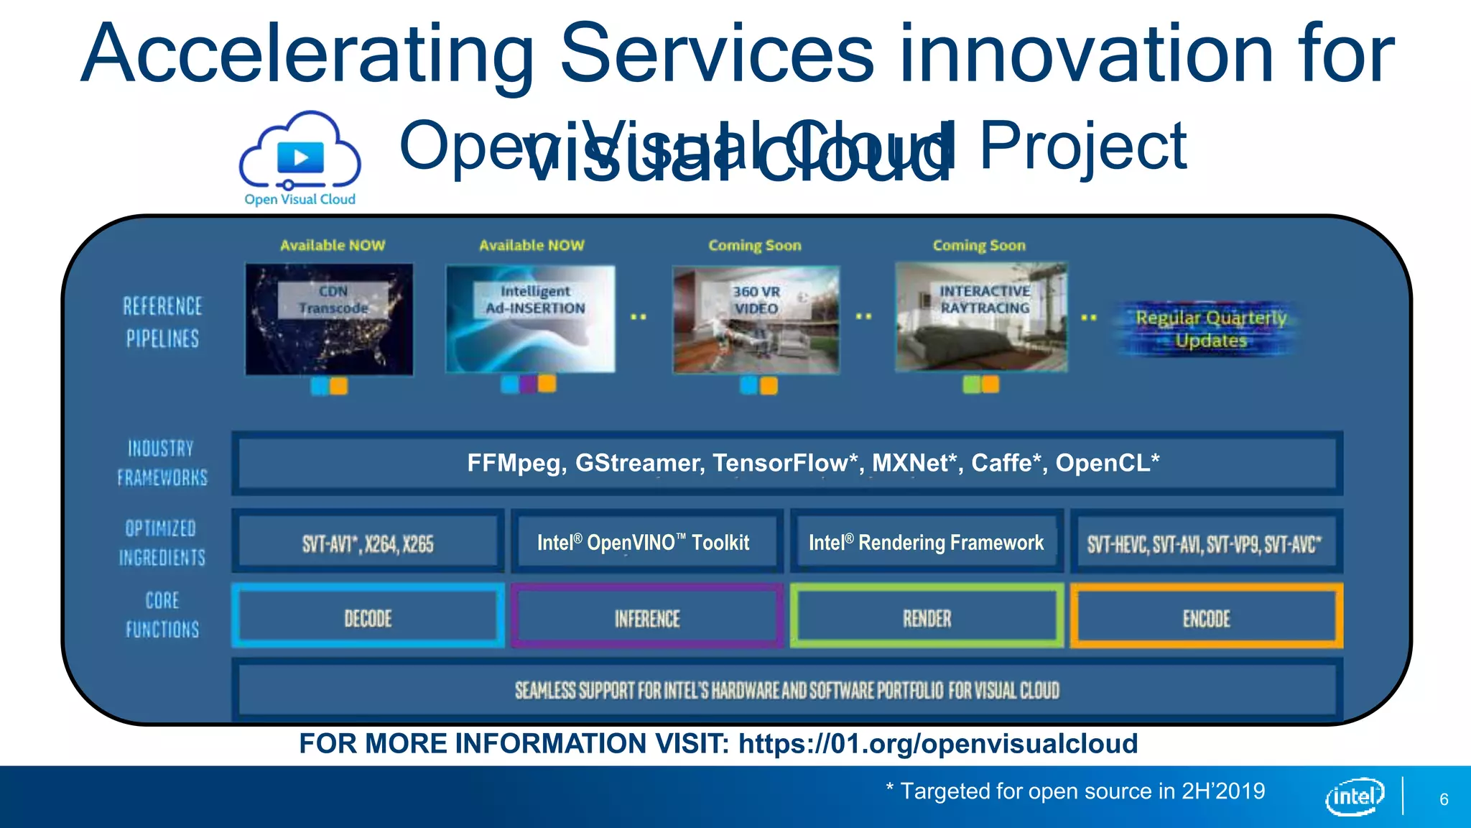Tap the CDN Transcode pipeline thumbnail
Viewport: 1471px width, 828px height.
pyautogui.click(x=329, y=319)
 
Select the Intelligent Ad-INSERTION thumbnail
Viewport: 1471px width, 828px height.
pyautogui.click(x=530, y=318)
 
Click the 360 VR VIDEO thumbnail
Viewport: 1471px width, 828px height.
pyautogui.click(x=756, y=319)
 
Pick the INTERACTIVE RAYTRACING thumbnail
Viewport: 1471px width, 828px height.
pyautogui.click(x=981, y=317)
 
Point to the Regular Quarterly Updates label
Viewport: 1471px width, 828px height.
pyautogui.click(x=1211, y=329)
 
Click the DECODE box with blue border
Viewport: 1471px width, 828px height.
pyautogui.click(x=368, y=617)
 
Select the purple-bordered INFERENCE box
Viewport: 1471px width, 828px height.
pyautogui.click(x=646, y=617)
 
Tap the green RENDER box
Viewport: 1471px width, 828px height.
pyautogui.click(x=927, y=617)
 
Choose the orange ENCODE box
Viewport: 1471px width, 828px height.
pyautogui.click(x=1206, y=617)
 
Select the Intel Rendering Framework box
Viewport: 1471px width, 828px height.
pyautogui.click(x=926, y=542)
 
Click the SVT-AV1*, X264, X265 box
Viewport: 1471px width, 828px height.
pyautogui.click(x=368, y=543)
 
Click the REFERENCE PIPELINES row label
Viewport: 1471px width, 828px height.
pyautogui.click(x=162, y=322)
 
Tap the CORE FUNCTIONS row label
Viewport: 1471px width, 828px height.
pyautogui.click(x=162, y=615)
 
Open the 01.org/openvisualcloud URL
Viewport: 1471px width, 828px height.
pyautogui.click(x=937, y=743)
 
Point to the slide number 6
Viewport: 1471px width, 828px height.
pyautogui.click(x=1444, y=799)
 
